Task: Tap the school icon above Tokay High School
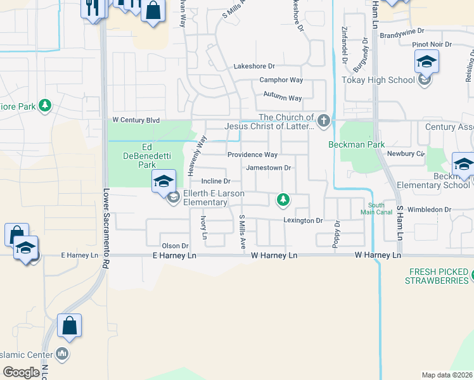[x=426, y=63]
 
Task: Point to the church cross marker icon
[x=324, y=121]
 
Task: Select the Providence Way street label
[x=252, y=155]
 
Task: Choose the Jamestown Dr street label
[x=268, y=168]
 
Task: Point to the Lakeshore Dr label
[x=253, y=66]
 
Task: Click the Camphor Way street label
[x=281, y=80]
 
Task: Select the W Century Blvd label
[x=136, y=120]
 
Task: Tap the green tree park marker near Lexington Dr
[x=283, y=201]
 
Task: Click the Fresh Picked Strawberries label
[x=437, y=276]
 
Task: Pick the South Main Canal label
[x=376, y=209]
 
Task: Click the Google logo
[x=22, y=372]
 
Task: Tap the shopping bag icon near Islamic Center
[x=69, y=326]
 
